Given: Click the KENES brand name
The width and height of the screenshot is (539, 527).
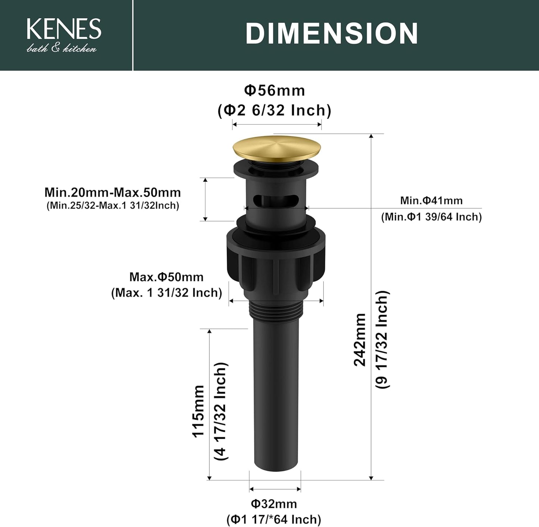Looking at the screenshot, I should tap(64, 29).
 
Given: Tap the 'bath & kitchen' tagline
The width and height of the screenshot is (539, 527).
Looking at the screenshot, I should tap(62, 48).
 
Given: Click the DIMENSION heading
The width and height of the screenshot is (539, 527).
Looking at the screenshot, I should tap(332, 34).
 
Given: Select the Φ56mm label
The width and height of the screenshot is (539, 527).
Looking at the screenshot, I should tap(275, 91).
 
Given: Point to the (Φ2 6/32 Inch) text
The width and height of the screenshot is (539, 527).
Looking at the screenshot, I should tap(275, 110).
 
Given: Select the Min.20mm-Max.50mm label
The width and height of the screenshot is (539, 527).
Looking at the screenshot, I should tap(113, 192).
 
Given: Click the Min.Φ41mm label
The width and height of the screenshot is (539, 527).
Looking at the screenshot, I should tap(431, 201).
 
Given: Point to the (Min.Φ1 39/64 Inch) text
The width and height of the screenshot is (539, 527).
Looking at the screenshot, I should tap(431, 217).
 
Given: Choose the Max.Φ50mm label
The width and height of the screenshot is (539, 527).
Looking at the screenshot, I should tap(166, 277).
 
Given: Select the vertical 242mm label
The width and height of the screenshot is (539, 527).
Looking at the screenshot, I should tap(360, 340).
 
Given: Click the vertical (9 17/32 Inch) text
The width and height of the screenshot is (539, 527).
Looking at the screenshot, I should tap(382, 340).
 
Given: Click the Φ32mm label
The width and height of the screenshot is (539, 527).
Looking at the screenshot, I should tap(274, 504).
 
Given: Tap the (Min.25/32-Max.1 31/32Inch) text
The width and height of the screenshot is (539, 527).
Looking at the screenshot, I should tap(113, 206).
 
